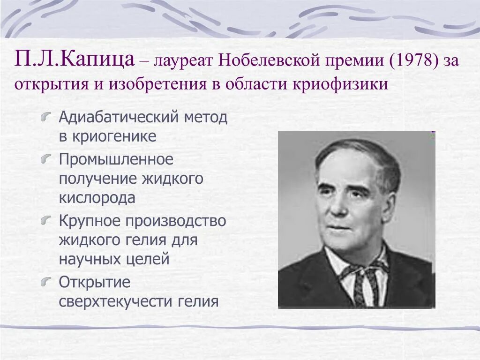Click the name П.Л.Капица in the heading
[75, 60]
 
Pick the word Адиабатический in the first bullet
[118, 117]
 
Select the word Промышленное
[116, 159]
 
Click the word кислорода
[97, 198]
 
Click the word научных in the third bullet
[88, 259]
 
